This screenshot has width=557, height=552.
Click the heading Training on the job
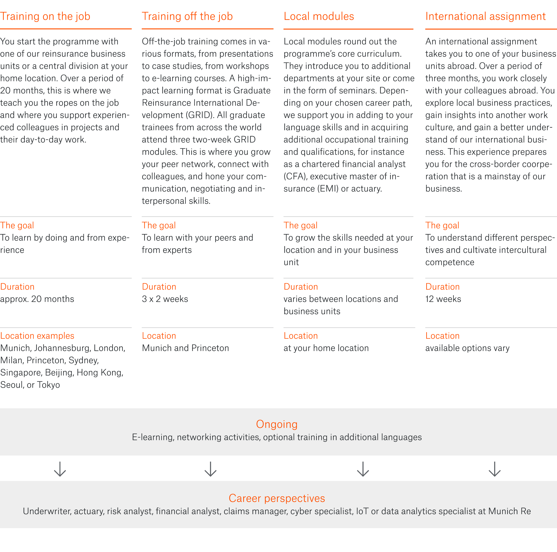click(x=45, y=17)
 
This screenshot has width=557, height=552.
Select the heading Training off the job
click(x=187, y=17)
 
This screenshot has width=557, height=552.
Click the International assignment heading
click(x=485, y=17)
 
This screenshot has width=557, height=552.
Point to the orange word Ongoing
click(x=277, y=424)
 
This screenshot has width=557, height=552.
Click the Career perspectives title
click(x=277, y=498)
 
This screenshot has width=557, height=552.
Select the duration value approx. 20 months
click(x=37, y=299)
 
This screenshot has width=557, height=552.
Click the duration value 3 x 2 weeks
click(x=165, y=299)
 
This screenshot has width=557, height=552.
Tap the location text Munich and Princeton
click(x=185, y=348)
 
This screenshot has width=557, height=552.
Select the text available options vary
click(x=467, y=348)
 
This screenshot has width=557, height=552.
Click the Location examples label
click(x=37, y=336)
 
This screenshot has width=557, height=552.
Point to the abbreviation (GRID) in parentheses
click(x=198, y=115)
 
